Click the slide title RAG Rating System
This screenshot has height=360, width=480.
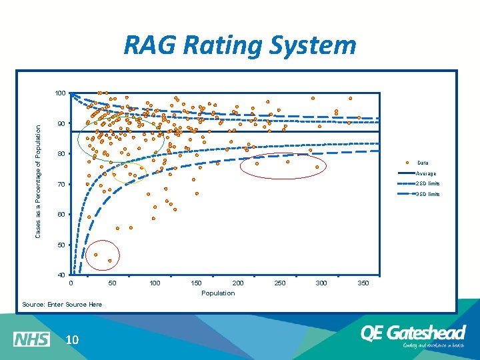click(240, 46)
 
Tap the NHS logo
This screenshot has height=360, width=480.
click(31, 339)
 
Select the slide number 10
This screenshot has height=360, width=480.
click(72, 340)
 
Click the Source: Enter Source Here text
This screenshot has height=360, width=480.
click(62, 304)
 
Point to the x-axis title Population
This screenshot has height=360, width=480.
click(218, 293)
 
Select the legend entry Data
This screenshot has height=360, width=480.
click(423, 163)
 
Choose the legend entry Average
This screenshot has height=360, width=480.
click(427, 173)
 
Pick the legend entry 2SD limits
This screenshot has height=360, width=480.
click(427, 183)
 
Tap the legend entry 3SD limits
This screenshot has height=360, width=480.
click(427, 194)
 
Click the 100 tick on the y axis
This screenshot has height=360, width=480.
click(60, 93)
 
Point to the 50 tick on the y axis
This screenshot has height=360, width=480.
click(61, 245)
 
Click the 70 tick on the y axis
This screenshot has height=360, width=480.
click(61, 184)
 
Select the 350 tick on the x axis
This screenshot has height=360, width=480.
click(363, 283)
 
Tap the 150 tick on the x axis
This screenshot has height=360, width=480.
click(197, 283)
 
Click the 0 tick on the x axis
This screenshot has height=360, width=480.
click(72, 283)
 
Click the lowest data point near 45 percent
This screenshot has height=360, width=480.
click(109, 261)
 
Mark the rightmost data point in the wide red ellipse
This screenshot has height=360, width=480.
click(317, 167)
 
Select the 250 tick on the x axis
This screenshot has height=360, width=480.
click(280, 283)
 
